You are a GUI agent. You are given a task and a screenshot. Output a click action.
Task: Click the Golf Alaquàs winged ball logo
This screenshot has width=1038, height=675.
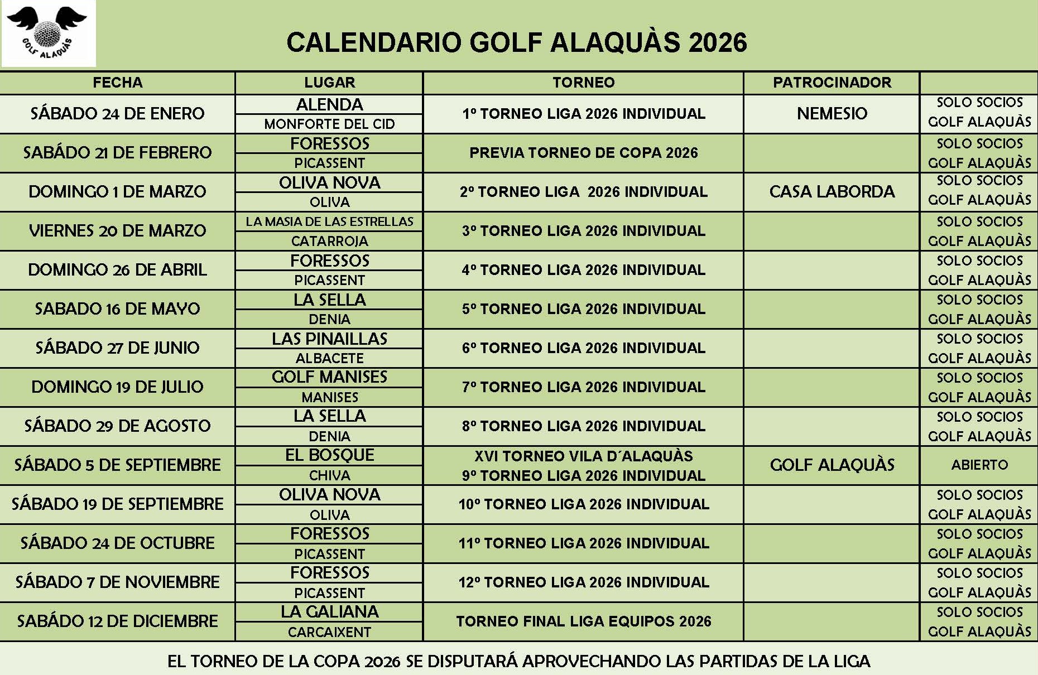(x=48, y=33)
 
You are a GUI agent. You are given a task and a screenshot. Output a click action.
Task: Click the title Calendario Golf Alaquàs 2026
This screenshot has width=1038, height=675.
(x=516, y=42)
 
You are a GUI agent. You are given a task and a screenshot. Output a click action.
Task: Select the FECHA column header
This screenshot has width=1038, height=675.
(x=117, y=83)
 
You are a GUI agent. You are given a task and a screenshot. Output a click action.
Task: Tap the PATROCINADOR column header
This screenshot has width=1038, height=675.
(x=832, y=83)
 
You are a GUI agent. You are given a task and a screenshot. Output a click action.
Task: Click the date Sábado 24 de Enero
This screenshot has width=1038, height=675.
(x=117, y=114)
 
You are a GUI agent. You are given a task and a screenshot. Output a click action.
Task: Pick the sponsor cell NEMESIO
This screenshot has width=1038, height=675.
(x=832, y=114)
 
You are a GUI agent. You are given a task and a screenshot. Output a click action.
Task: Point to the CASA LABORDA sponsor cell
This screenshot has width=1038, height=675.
(x=832, y=192)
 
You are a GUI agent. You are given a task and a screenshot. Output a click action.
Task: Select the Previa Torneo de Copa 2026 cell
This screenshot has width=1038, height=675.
(x=583, y=153)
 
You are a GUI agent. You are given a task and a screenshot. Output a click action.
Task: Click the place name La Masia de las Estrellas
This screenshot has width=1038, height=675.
(x=329, y=221)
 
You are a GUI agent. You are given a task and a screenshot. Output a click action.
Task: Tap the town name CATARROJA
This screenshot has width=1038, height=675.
(x=329, y=241)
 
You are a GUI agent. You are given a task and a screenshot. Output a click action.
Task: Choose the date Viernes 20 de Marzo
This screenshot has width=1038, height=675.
(x=117, y=231)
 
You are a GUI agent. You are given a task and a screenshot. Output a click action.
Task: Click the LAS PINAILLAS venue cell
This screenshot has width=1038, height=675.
(x=329, y=339)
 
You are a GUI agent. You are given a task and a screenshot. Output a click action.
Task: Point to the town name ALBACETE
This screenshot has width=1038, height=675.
(x=329, y=358)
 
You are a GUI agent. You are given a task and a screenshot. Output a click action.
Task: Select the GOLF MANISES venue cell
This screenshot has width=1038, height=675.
(x=329, y=377)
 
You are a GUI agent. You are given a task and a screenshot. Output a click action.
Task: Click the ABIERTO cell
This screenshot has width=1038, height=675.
(x=979, y=465)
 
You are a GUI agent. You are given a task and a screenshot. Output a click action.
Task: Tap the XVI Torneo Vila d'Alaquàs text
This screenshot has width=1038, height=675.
(x=583, y=456)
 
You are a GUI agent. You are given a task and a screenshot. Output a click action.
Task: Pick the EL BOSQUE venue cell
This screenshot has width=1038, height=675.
(x=329, y=455)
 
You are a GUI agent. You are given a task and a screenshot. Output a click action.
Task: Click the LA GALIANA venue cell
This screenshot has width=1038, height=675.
(x=329, y=612)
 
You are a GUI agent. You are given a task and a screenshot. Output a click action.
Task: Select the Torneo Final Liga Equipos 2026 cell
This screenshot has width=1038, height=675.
(x=583, y=621)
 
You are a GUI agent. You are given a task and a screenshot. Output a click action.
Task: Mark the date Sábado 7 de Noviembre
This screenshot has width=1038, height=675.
(x=117, y=582)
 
